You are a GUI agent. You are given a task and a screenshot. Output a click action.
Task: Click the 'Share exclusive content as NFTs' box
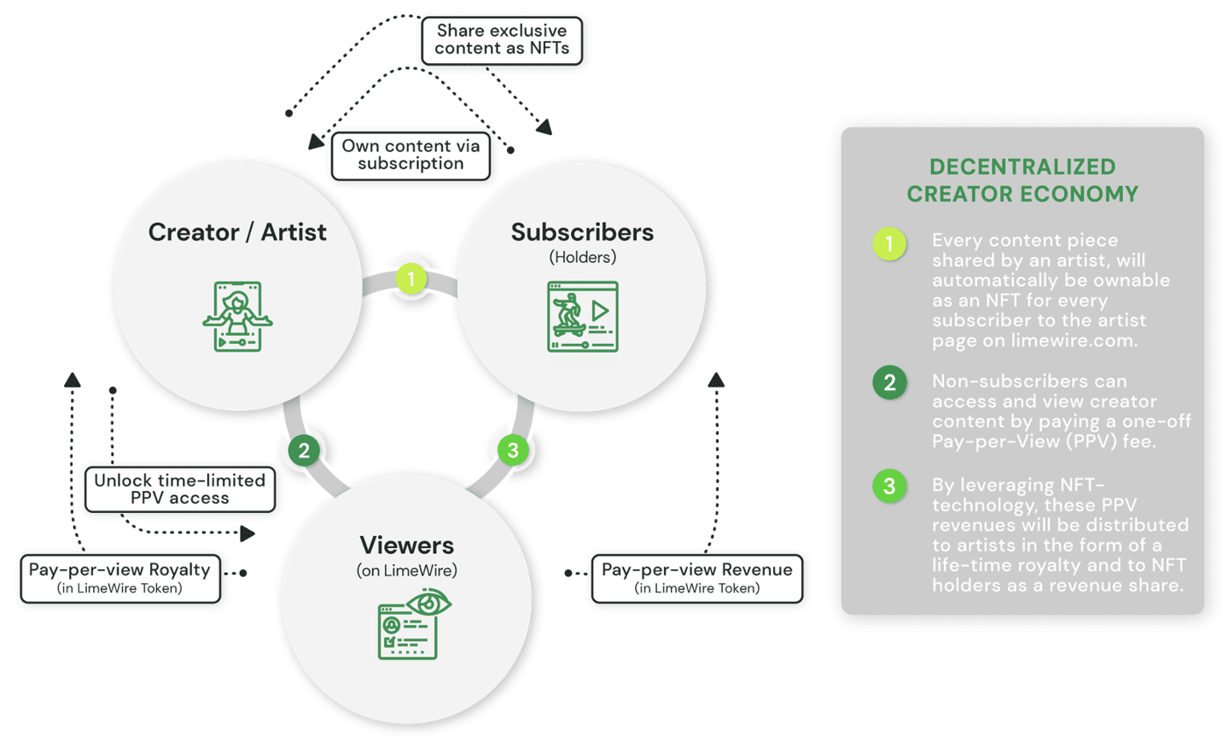(x=502, y=40)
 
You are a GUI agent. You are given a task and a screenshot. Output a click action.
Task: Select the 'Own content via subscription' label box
(x=411, y=155)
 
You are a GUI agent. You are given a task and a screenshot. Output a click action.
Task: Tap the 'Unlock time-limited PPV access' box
(x=180, y=489)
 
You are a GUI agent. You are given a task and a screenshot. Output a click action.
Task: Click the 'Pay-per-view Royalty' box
(x=120, y=578)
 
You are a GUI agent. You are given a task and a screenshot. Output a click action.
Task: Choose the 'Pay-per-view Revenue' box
(x=696, y=578)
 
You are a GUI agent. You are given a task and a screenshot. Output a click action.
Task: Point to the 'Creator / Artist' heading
(x=237, y=232)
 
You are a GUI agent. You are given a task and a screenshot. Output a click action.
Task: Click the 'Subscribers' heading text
(x=582, y=232)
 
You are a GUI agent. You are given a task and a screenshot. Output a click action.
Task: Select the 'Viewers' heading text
(x=406, y=545)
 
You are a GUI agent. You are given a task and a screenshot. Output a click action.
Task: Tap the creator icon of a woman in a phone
(x=237, y=317)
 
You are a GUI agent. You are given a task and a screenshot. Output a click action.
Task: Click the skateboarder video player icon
(x=582, y=317)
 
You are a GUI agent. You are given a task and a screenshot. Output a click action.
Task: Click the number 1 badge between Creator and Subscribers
(x=411, y=279)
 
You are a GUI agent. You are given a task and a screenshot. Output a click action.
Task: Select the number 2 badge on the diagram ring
(x=304, y=450)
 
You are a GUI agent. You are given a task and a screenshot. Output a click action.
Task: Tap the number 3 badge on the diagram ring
(x=513, y=450)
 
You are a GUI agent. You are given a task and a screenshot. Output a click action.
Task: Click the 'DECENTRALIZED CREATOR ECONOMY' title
(x=1022, y=180)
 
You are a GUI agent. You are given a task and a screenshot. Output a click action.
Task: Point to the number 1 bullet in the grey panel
(x=889, y=244)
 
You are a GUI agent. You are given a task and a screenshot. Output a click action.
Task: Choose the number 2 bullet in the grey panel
(x=889, y=382)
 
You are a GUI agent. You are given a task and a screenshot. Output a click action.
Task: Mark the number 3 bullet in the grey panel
(x=889, y=486)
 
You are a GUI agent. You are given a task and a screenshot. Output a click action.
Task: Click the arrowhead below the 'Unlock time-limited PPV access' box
(x=248, y=534)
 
